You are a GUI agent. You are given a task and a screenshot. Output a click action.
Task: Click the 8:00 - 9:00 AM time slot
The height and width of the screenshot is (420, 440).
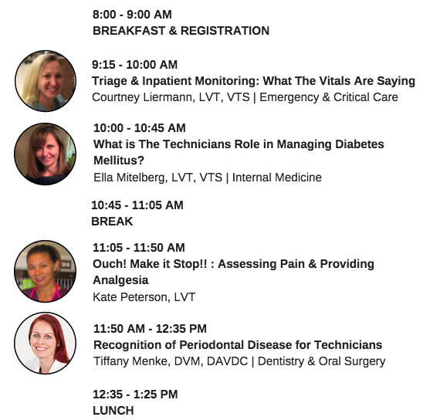click(x=132, y=15)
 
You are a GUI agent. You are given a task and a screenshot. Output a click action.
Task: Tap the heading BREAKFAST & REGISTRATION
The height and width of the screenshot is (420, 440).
click(x=181, y=31)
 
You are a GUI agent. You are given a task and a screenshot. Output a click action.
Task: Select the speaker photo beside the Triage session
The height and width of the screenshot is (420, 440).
click(x=46, y=81)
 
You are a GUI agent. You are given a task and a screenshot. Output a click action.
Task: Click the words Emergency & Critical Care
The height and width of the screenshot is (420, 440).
click(x=329, y=97)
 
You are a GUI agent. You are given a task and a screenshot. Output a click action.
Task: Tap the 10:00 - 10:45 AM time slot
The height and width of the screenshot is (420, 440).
click(x=140, y=128)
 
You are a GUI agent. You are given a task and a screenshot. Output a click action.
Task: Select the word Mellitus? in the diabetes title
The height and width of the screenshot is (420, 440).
click(x=119, y=161)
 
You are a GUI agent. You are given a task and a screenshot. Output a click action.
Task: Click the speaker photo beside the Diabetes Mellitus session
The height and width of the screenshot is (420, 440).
click(x=46, y=154)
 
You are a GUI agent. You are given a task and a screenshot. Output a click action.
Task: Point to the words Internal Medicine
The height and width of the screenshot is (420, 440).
click(x=277, y=178)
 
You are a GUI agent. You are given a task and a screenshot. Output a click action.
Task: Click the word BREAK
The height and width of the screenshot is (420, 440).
click(x=112, y=222)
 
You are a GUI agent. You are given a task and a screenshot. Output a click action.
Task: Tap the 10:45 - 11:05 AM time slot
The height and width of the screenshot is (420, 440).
click(x=137, y=205)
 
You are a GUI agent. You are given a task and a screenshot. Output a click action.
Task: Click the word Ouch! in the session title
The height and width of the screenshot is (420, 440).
click(x=110, y=264)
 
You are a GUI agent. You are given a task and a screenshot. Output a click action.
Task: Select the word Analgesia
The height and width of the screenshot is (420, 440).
click(x=120, y=280)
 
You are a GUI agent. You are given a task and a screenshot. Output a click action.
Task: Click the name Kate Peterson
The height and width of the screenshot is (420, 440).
click(x=130, y=297)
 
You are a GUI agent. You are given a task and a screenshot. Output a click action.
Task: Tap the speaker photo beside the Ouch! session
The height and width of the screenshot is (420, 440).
click(x=46, y=271)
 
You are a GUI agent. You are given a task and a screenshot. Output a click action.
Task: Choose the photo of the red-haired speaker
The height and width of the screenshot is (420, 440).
click(x=46, y=343)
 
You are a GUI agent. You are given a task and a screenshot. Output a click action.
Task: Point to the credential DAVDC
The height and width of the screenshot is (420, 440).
click(x=227, y=361)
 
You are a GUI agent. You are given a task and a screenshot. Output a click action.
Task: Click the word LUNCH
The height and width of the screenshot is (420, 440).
click(x=113, y=411)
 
